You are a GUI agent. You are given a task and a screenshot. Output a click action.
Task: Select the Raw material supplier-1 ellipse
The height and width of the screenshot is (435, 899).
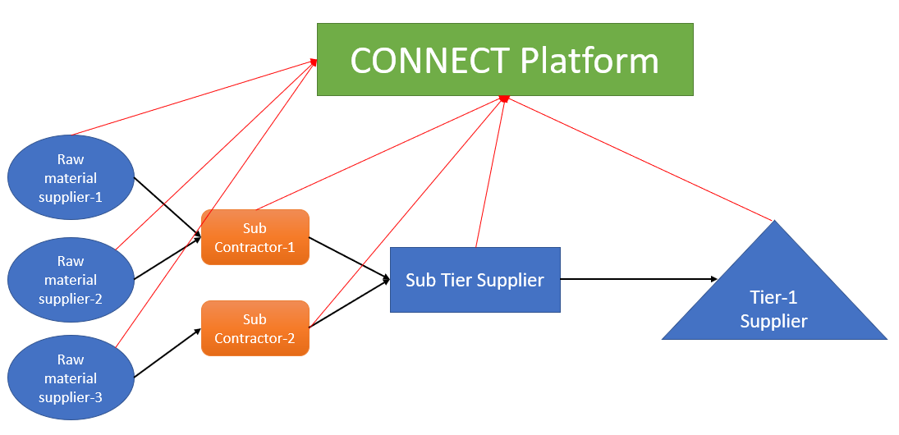click(x=71, y=178)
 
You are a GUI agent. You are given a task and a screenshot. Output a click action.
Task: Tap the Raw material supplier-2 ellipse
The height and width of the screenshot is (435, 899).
click(x=71, y=280)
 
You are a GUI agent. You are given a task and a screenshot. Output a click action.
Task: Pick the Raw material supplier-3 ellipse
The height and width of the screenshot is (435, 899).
click(x=71, y=378)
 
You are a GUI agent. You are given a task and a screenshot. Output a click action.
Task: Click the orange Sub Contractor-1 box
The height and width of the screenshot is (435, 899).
click(x=255, y=237)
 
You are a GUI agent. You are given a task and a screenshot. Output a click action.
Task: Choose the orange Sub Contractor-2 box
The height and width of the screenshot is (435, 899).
click(x=255, y=328)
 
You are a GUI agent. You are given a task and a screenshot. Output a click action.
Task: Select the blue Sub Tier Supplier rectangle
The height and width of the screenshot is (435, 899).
click(x=475, y=280)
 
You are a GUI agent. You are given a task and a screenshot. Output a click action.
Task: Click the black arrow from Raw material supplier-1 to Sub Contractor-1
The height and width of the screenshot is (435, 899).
click(x=167, y=207)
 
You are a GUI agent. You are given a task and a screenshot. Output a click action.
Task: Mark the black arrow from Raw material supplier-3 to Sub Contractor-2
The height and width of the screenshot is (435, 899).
click(x=167, y=354)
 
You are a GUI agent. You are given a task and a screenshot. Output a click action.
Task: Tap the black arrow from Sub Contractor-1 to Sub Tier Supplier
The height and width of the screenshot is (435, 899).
click(x=349, y=260)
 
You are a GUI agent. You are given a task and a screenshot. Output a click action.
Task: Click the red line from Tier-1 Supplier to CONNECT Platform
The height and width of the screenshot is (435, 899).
click(x=640, y=158)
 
